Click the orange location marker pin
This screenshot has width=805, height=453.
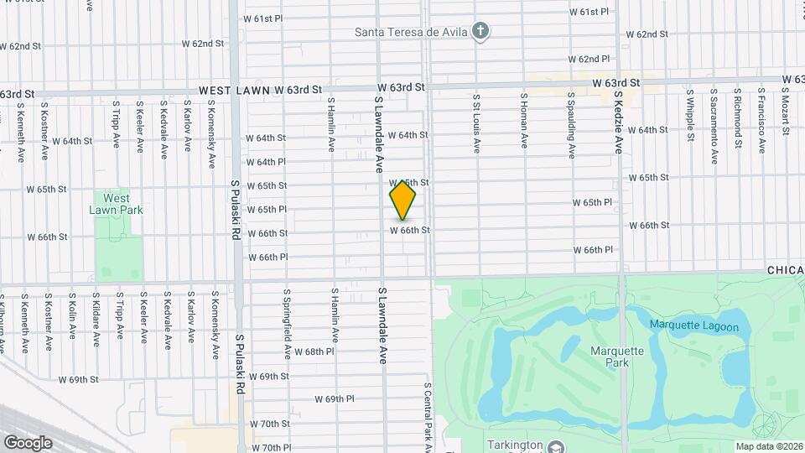[402, 200]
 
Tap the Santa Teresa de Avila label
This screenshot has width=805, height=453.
[410, 34]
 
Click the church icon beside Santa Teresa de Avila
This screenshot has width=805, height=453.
[480, 33]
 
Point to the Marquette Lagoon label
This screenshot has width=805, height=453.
[694, 325]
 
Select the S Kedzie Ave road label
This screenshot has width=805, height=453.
[618, 121]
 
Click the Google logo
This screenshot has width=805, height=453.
[28, 442]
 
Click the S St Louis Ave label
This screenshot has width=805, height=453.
[476, 122]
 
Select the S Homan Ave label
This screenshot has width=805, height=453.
[523, 122]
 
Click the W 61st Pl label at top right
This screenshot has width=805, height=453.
[589, 12]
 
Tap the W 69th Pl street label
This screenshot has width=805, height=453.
[335, 399]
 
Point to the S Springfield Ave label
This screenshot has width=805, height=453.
[287, 320]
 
